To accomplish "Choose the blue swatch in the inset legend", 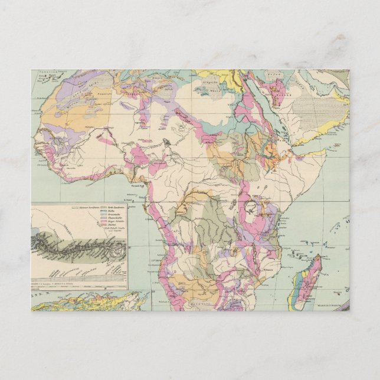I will point(103,214).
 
